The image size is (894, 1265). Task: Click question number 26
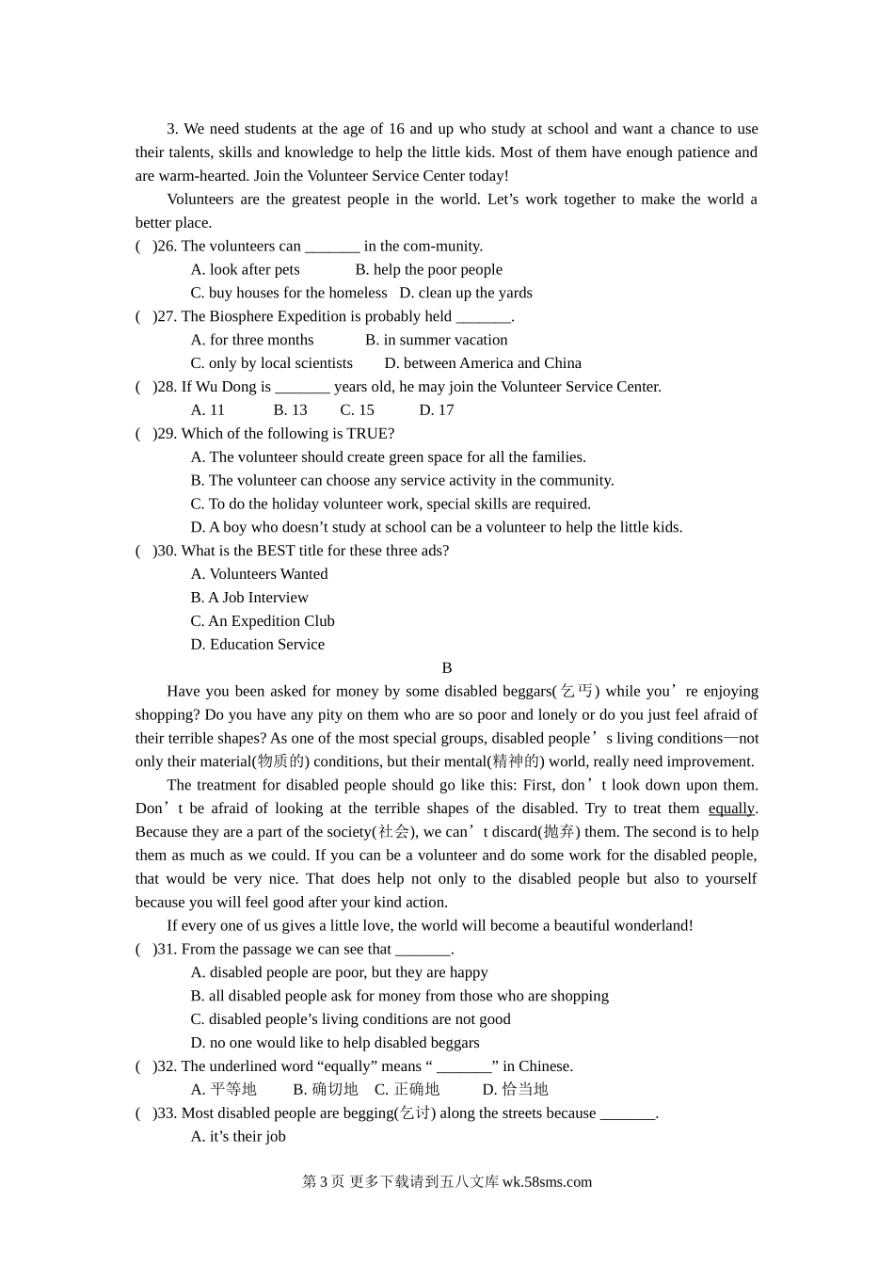(x=166, y=247)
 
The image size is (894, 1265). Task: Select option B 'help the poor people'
(x=428, y=270)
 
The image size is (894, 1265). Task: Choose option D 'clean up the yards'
(x=466, y=294)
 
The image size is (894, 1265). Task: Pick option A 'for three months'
(x=252, y=340)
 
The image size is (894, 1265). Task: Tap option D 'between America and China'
(x=483, y=363)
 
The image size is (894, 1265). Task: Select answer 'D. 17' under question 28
(x=437, y=410)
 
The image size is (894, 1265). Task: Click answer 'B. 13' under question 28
(x=291, y=410)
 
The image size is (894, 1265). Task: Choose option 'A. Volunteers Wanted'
(x=260, y=574)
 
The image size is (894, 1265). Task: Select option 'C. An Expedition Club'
(x=263, y=621)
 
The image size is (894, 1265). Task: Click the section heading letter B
(x=447, y=668)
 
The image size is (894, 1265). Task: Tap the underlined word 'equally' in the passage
(x=731, y=809)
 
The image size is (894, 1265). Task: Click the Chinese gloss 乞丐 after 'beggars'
(x=577, y=692)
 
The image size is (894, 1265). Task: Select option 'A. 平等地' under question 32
(x=224, y=1090)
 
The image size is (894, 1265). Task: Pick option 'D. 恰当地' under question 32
(x=516, y=1090)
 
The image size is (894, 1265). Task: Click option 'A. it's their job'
(x=238, y=1137)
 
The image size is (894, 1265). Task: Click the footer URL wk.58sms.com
(x=547, y=1182)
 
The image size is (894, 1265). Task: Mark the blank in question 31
(x=423, y=950)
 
